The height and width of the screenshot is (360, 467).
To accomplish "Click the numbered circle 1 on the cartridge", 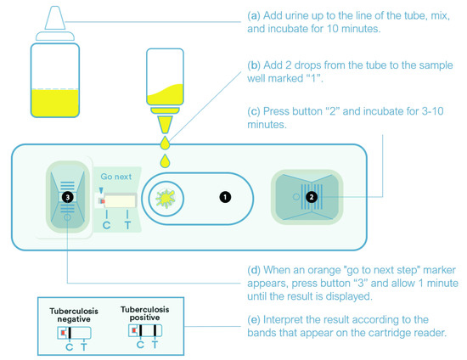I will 224,197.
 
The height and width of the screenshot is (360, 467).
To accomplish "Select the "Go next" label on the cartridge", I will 117,177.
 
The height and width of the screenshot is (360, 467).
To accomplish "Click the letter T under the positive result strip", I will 154,344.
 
